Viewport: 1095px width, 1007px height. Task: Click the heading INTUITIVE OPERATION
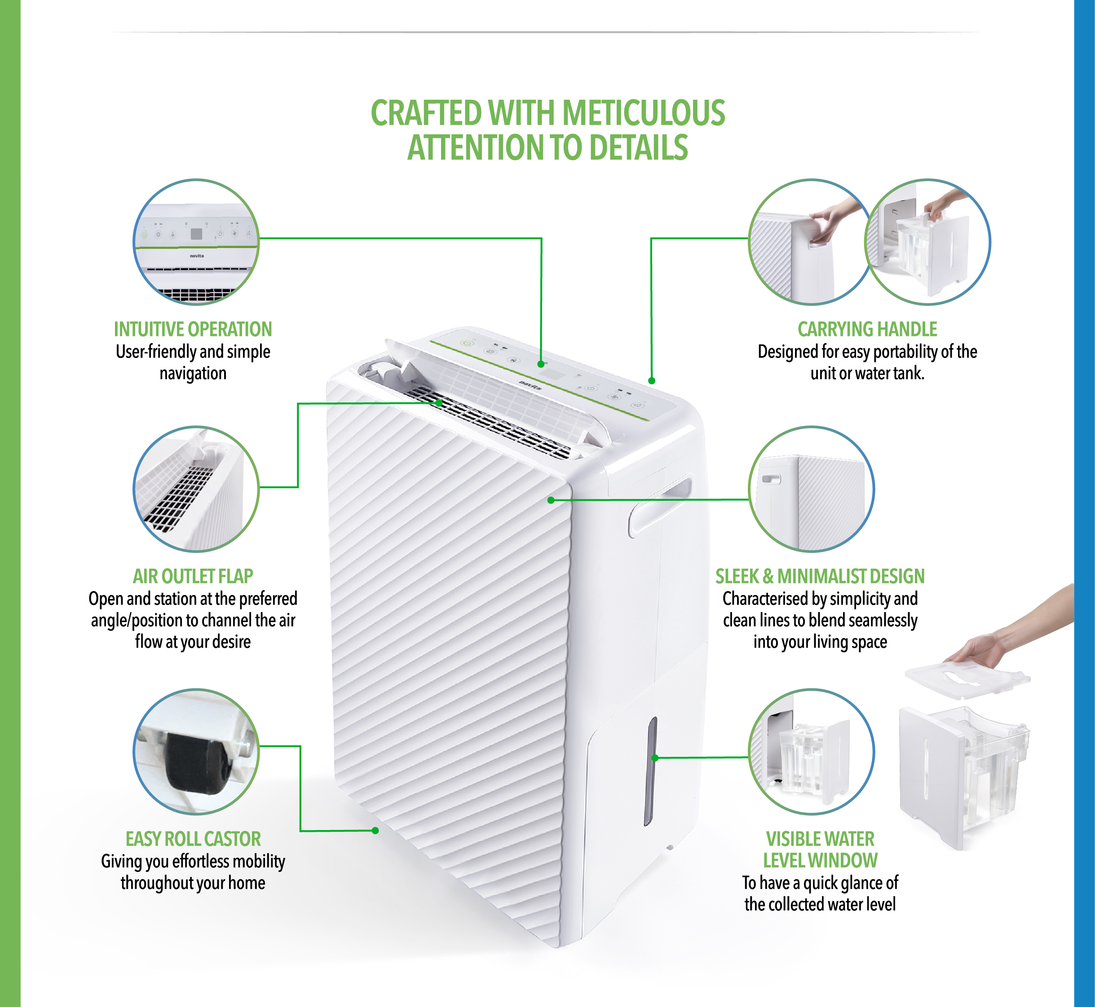coord(193,329)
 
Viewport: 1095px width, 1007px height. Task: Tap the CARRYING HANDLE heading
coord(867,329)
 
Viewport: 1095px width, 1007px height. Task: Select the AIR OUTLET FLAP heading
coord(193,576)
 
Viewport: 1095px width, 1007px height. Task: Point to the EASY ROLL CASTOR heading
coord(193,839)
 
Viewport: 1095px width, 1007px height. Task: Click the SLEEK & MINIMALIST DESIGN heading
coord(819,576)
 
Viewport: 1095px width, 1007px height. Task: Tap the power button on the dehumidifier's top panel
coord(466,343)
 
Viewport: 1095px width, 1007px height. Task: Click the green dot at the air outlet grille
coord(439,403)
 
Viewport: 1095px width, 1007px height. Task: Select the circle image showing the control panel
coord(196,242)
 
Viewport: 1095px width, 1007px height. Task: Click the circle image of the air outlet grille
coord(196,489)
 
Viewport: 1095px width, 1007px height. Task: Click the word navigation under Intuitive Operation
coord(193,373)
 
